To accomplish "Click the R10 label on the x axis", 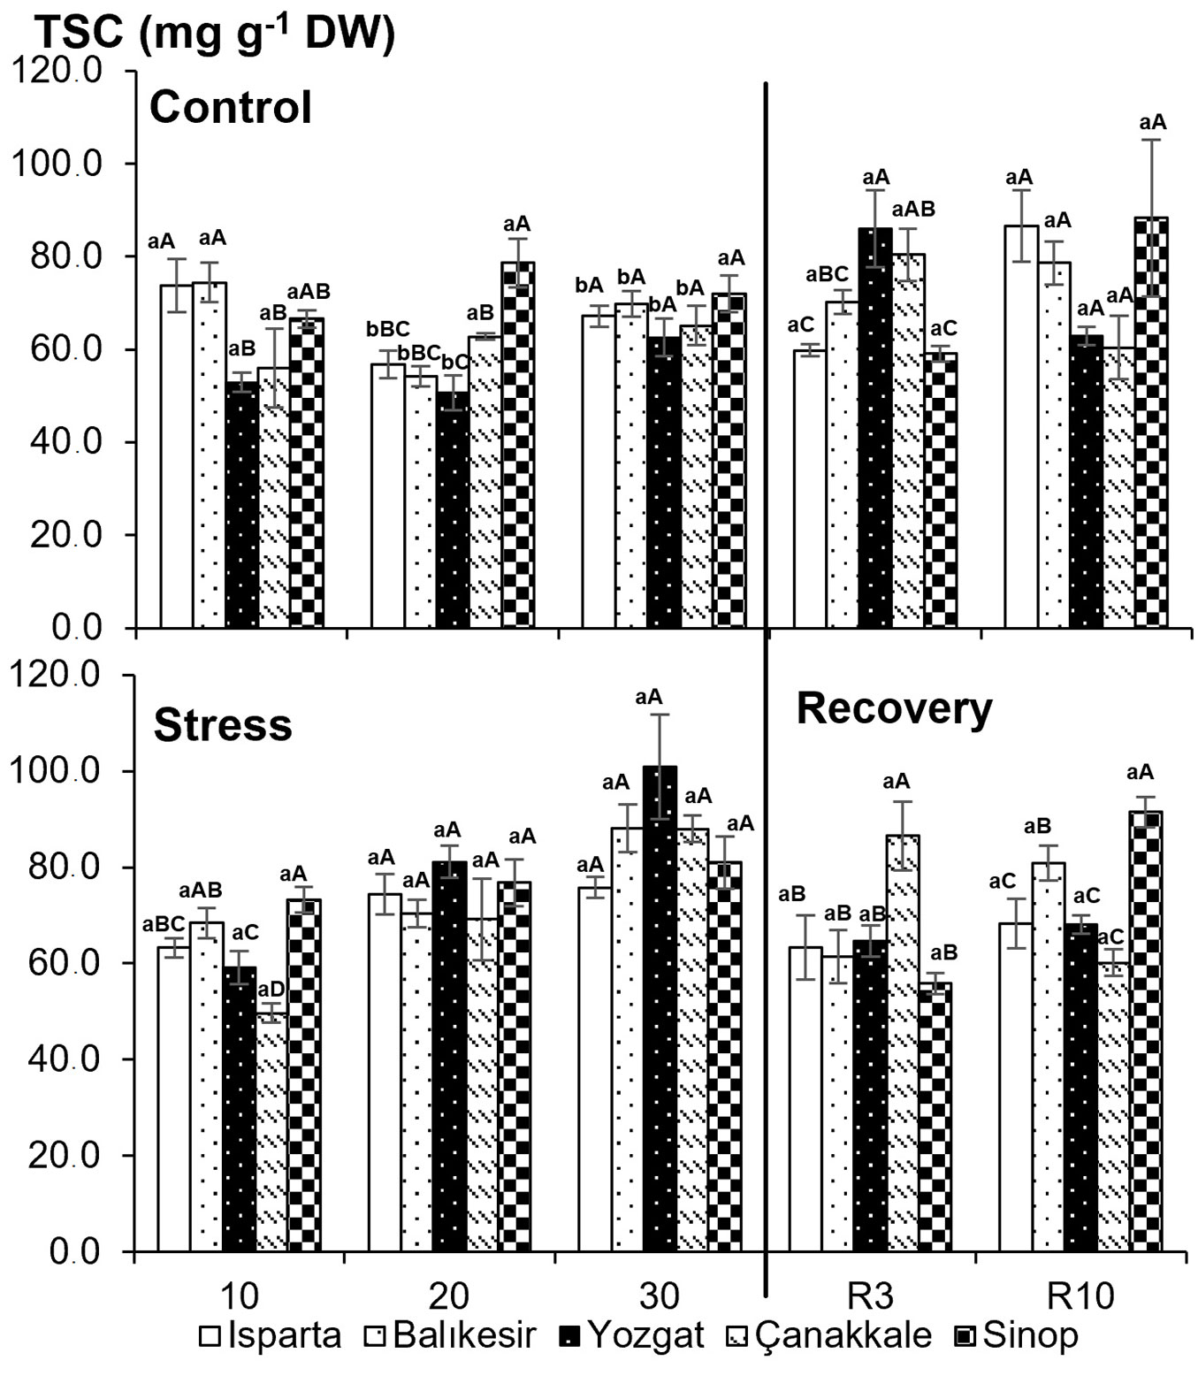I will click(1080, 1296).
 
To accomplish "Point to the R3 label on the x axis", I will click(870, 1296).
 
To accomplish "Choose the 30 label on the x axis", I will click(660, 1296).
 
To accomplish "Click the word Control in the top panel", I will click(231, 108).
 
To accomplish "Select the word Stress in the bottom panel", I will click(223, 725).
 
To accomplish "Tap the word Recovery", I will click(894, 708).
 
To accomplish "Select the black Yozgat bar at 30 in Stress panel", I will click(660, 1008).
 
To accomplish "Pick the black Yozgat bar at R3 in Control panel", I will click(875, 428).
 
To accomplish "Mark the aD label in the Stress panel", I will click(271, 989).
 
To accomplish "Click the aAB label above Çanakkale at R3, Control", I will click(913, 210).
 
